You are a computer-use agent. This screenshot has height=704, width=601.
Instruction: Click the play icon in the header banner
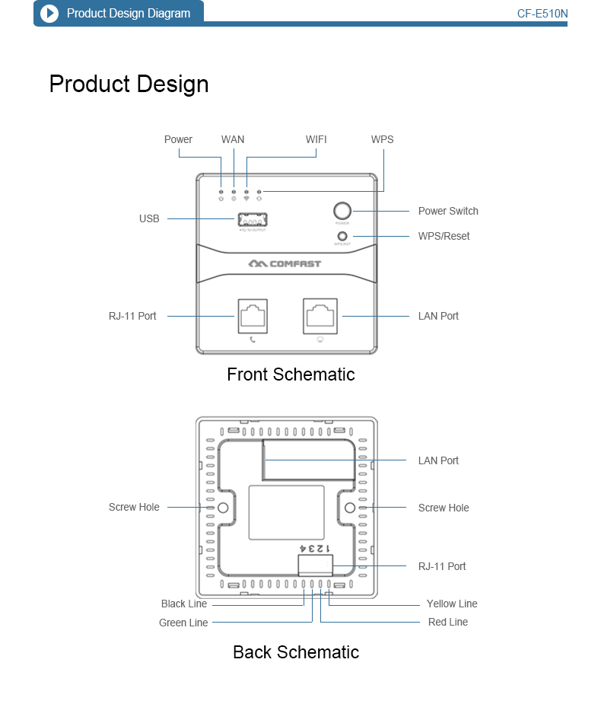[x=49, y=14]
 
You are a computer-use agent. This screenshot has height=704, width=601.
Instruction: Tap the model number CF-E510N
[x=542, y=14]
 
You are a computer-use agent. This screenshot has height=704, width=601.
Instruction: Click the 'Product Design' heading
[x=129, y=84]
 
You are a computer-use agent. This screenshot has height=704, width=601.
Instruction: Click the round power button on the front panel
[x=342, y=211]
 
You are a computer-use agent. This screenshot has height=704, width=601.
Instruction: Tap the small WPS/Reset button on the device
[x=342, y=236]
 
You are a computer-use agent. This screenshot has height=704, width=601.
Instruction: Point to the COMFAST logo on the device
[x=285, y=264]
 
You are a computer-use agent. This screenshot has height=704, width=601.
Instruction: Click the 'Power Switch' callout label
[x=448, y=211]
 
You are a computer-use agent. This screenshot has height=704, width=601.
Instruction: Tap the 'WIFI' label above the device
[x=316, y=139]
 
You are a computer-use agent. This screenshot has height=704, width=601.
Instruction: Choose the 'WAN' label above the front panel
[x=233, y=139]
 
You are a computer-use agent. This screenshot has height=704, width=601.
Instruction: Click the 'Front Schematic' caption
[x=291, y=374]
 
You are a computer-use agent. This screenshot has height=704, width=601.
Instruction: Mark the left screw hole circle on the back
[x=224, y=508]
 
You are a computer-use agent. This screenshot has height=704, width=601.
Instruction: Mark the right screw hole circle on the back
[x=350, y=508]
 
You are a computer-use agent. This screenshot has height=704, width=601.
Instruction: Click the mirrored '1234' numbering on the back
[x=313, y=548]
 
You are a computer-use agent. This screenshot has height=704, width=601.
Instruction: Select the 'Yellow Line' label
[x=452, y=604]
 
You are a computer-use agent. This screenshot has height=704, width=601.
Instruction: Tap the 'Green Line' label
[x=183, y=623]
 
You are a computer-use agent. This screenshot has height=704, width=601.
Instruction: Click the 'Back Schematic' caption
[x=296, y=652]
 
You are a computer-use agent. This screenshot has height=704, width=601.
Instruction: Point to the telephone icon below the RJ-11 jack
[x=253, y=339]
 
